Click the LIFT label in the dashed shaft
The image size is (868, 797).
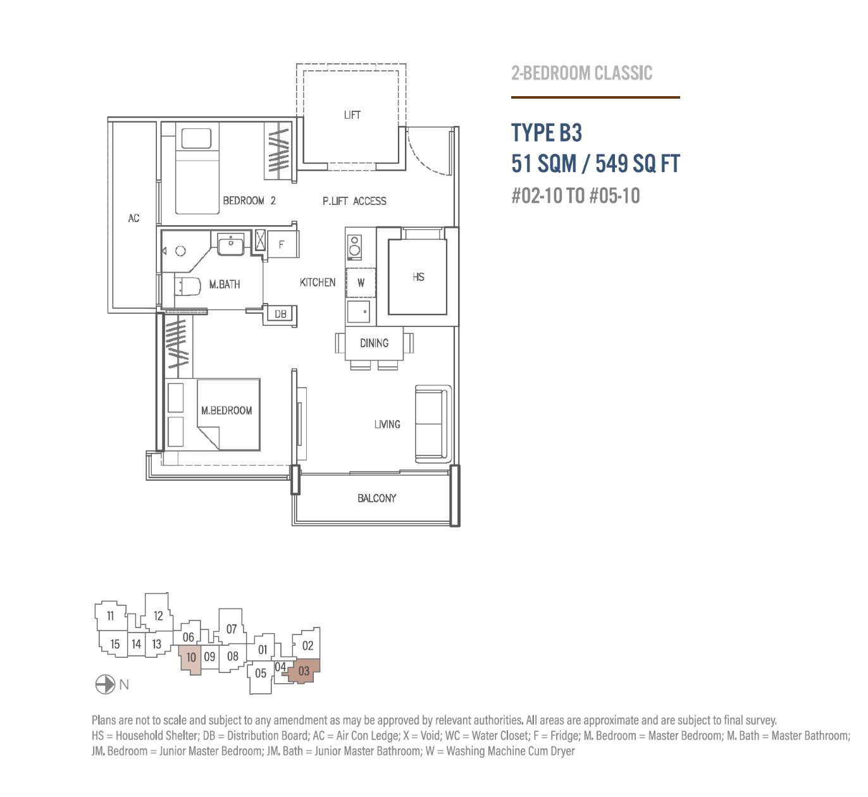pyautogui.click(x=352, y=114)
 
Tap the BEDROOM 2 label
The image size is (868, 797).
pyautogui.click(x=249, y=201)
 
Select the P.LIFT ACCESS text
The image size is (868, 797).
pyautogui.click(x=354, y=201)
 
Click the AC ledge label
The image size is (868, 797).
pyautogui.click(x=133, y=218)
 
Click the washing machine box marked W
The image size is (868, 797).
pyautogui.click(x=361, y=283)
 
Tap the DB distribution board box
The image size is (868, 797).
pyautogui.click(x=280, y=314)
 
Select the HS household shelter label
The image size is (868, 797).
pyautogui.click(x=418, y=277)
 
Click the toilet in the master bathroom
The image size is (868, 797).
pyautogui.click(x=187, y=286)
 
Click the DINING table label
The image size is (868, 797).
pyautogui.click(x=375, y=343)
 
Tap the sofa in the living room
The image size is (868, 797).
pyautogui.click(x=433, y=424)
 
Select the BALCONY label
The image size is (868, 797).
pyautogui.click(x=377, y=498)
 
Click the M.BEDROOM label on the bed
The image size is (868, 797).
pyautogui.click(x=226, y=410)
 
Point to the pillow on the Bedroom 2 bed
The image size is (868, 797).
pyautogui.click(x=197, y=139)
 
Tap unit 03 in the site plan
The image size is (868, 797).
pyautogui.click(x=304, y=671)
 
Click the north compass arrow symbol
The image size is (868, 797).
pyautogui.click(x=105, y=684)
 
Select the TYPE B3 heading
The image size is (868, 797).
pyautogui.click(x=547, y=132)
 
